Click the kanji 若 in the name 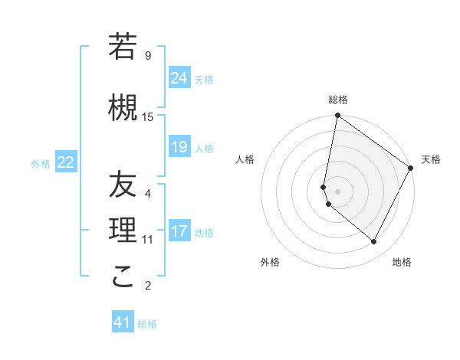(x=123, y=47)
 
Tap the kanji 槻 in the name (x=123, y=108)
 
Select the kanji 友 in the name (x=123, y=185)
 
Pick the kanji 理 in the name (x=123, y=231)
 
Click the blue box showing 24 (x=179, y=77)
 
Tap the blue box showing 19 (x=179, y=147)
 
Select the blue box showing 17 (x=179, y=231)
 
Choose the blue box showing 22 (x=66, y=162)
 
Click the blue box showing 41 (x=123, y=322)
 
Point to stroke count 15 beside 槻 (x=148, y=117)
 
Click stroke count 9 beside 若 (x=148, y=56)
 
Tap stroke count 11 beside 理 (x=148, y=240)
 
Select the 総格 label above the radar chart (x=338, y=100)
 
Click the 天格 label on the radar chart (x=431, y=159)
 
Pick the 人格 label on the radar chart (x=245, y=159)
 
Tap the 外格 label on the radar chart (x=269, y=262)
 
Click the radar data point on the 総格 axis (x=337, y=116)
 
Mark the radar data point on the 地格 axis (x=374, y=242)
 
